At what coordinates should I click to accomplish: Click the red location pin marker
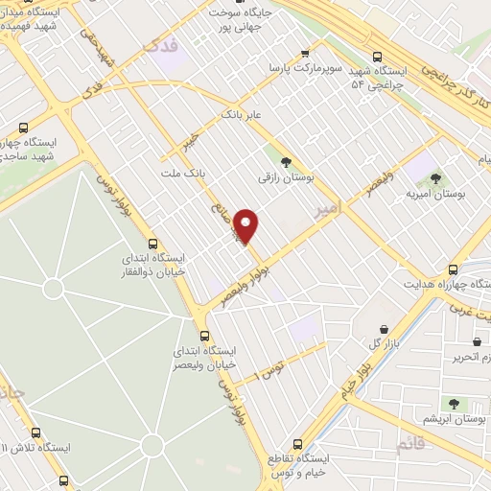[x=247, y=224]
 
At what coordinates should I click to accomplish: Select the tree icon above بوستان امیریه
[x=435, y=177]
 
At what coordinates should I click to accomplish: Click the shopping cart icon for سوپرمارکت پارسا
[x=305, y=54]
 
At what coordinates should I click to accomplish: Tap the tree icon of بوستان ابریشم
[x=451, y=405]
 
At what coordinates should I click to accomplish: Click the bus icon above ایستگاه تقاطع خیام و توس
[x=297, y=445]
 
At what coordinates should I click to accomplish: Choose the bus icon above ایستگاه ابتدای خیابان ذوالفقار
[x=152, y=244]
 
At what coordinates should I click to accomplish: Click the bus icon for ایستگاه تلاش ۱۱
[x=36, y=433]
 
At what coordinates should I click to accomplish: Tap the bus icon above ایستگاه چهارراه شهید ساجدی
[x=23, y=127]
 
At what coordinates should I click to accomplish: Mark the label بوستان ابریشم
[x=455, y=420]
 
